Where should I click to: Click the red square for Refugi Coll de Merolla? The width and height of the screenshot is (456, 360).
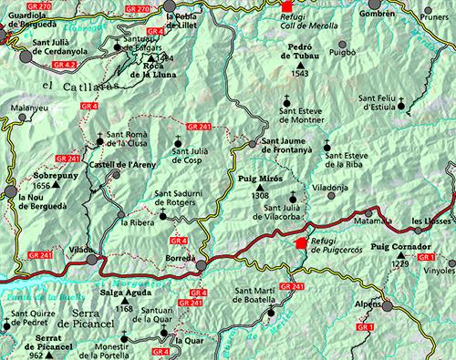pyautogui.click(x=286, y=5)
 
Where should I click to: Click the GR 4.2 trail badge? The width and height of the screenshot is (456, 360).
pyautogui.click(x=64, y=67)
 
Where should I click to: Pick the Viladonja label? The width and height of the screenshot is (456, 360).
pyautogui.click(x=330, y=185)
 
